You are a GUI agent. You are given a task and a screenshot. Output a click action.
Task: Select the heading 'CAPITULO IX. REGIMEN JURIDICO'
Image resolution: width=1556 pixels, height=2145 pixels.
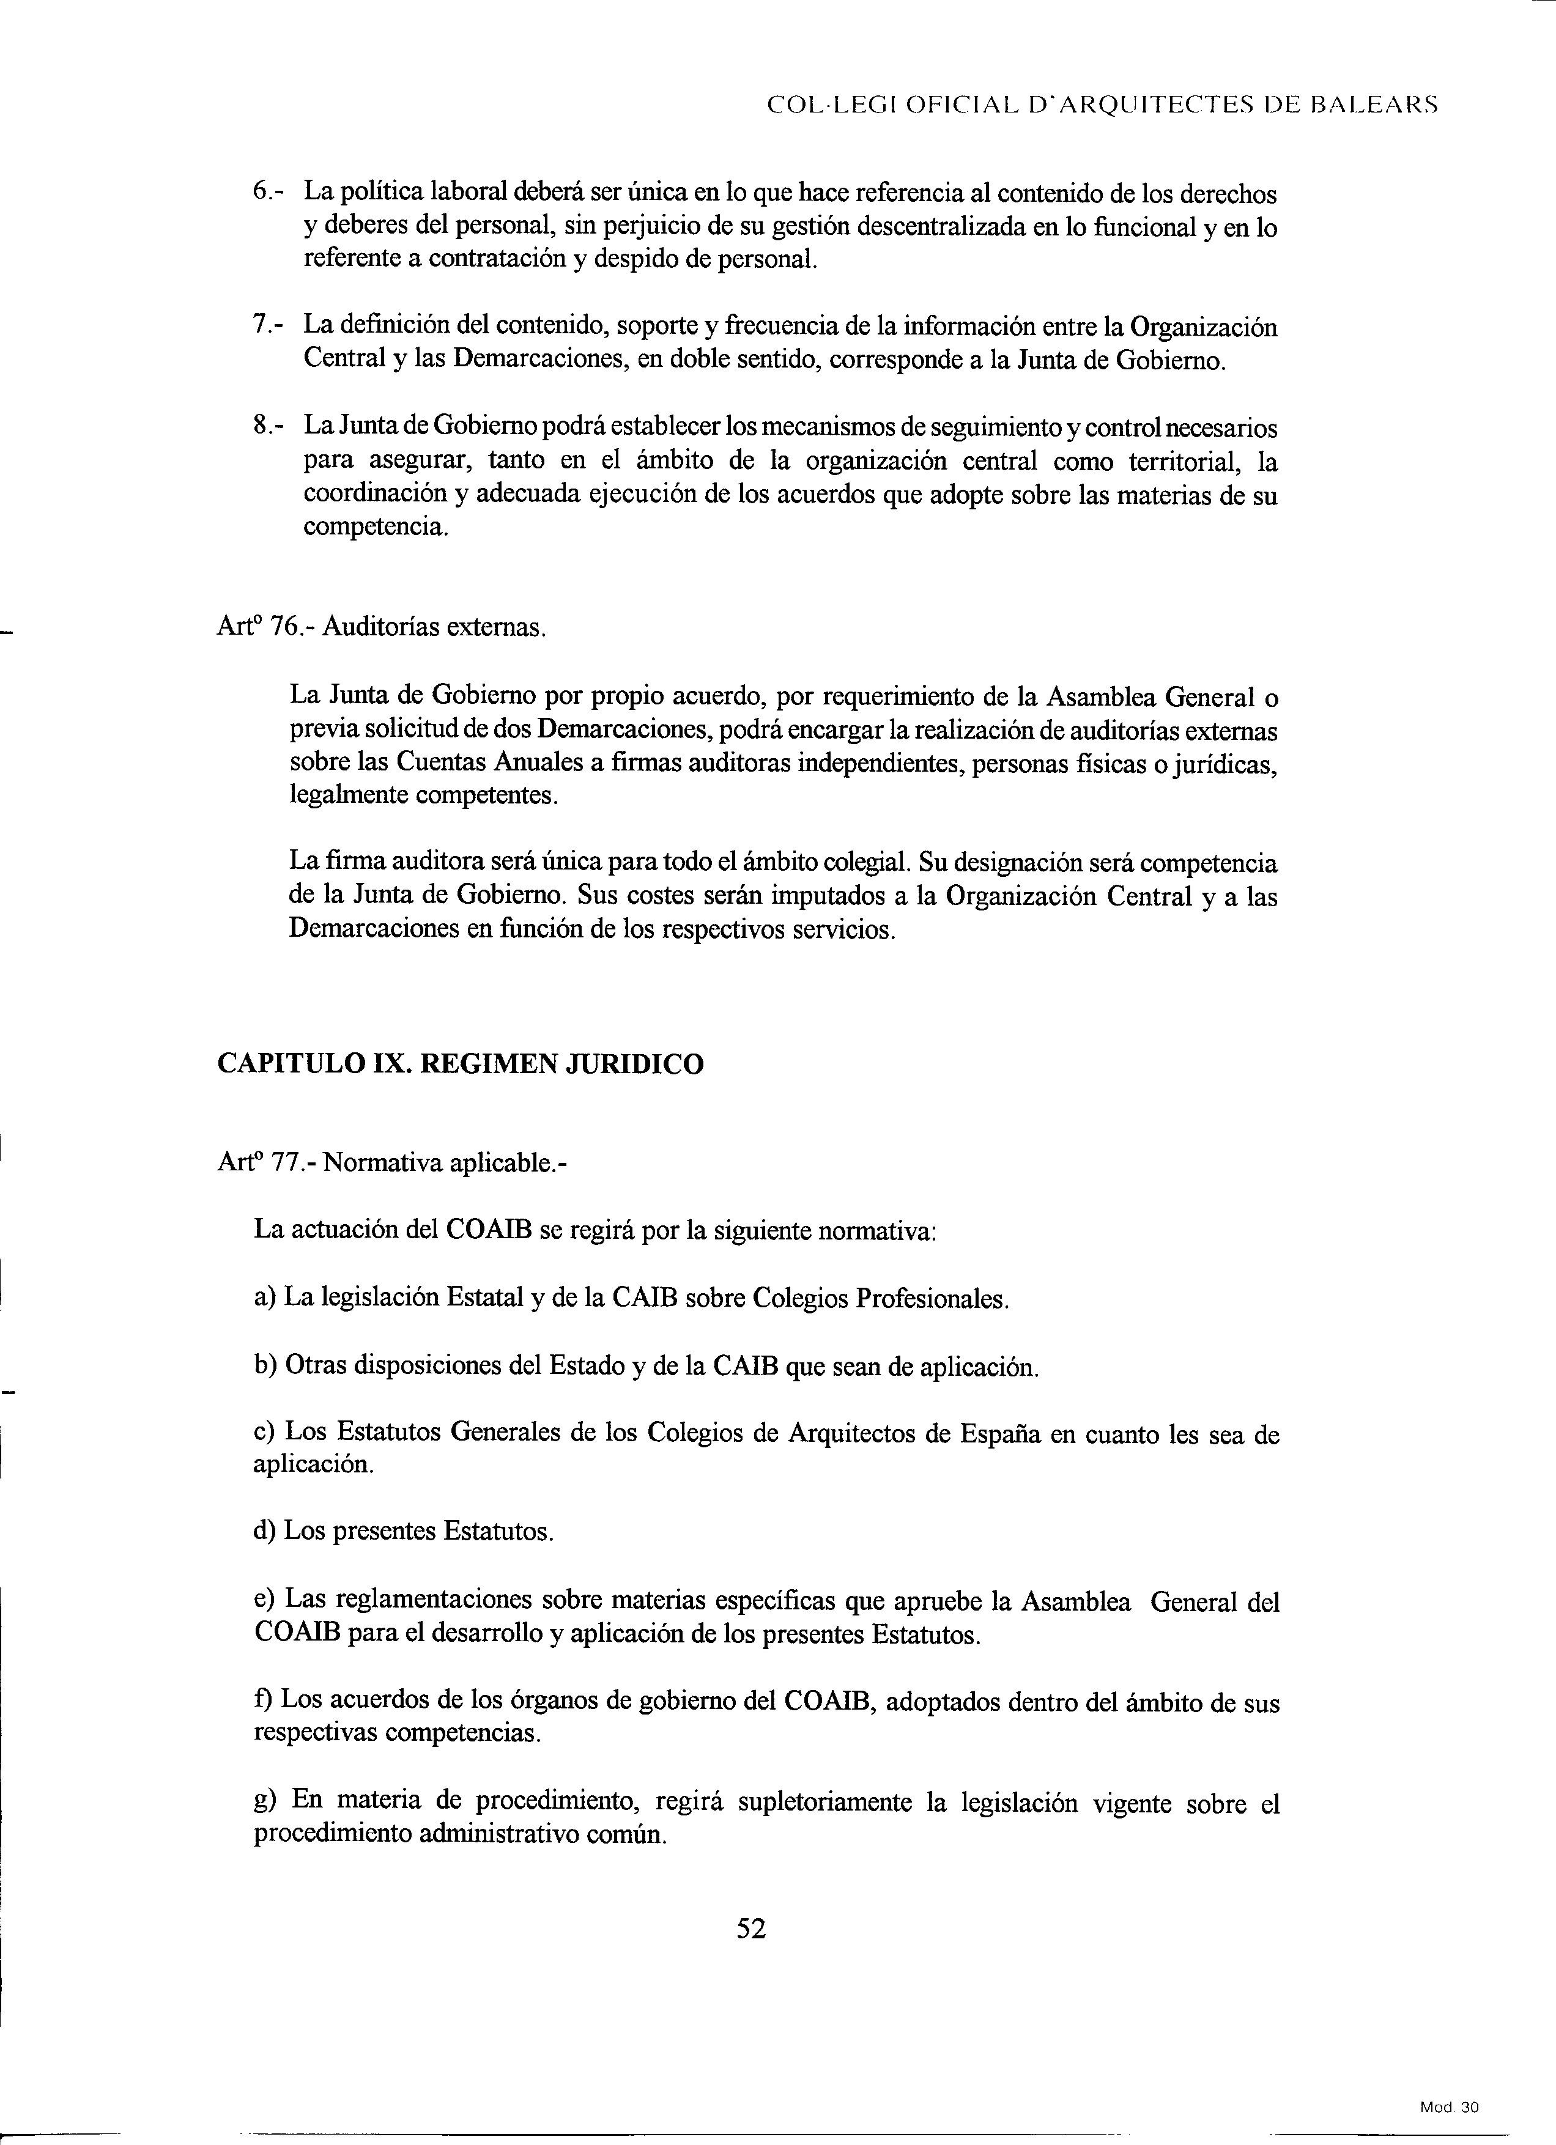[461, 1064]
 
